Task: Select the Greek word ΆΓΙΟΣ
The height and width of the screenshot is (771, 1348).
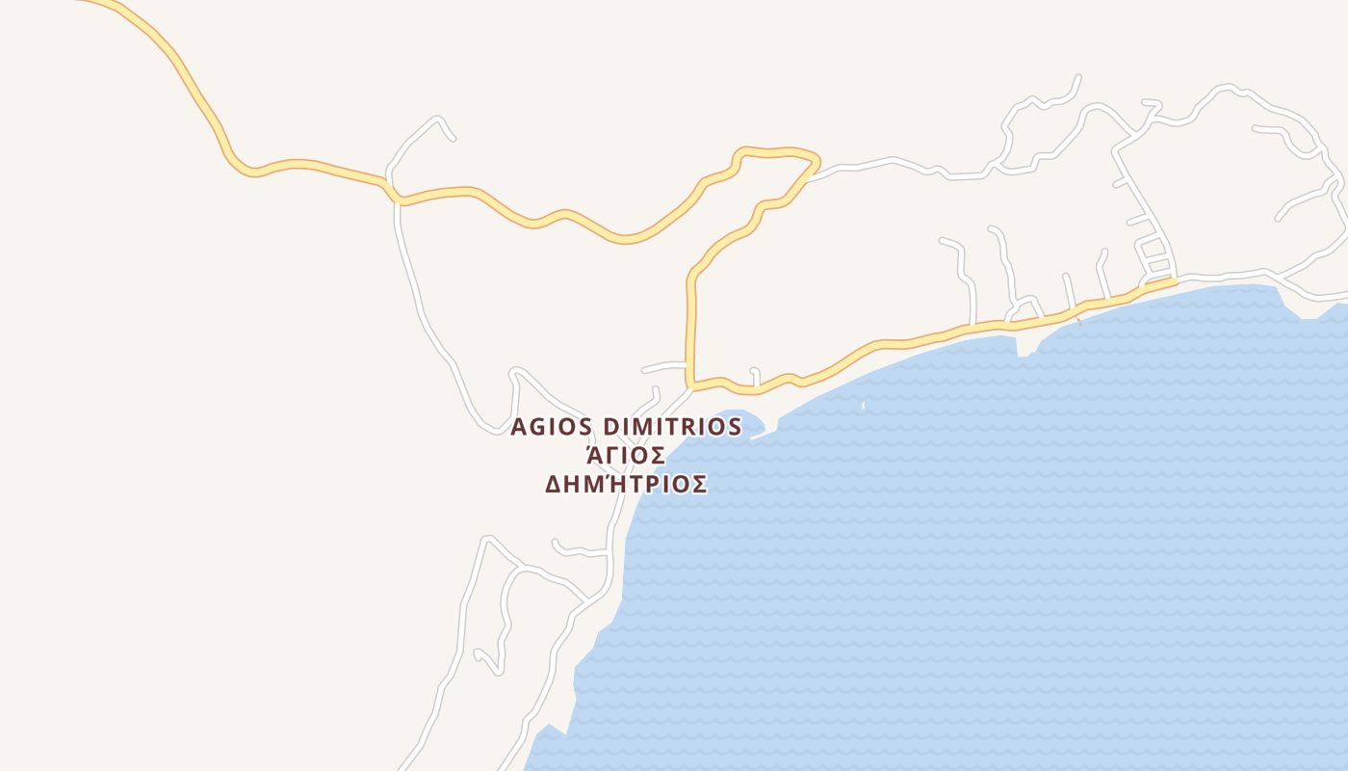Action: [x=626, y=455]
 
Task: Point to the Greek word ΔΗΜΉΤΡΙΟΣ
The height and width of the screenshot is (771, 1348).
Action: [x=626, y=484]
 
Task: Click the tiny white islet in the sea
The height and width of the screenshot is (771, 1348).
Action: [x=863, y=406]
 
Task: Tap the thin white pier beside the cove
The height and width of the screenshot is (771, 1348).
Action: [x=763, y=434]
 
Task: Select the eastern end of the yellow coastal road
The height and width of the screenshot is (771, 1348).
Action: [x=1174, y=281]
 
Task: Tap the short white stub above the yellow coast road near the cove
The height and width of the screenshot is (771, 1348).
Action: [x=756, y=375]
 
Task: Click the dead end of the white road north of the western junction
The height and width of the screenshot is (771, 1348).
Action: [x=453, y=139]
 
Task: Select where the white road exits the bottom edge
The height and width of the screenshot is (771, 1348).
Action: [x=402, y=768]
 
